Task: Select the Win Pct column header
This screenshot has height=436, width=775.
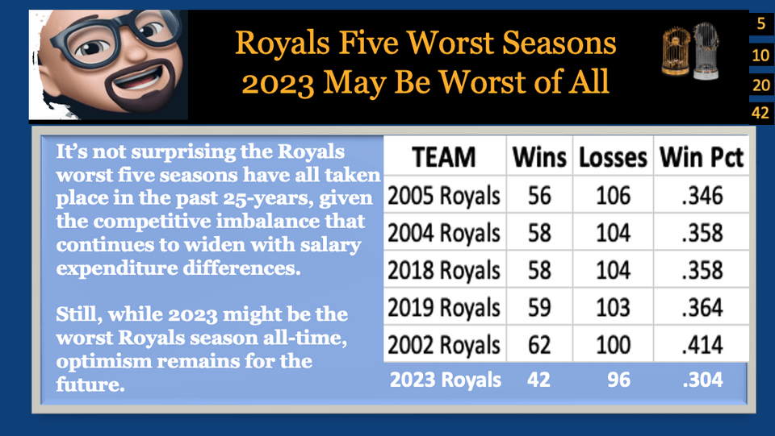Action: [700, 158]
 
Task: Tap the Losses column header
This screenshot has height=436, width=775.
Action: [613, 158]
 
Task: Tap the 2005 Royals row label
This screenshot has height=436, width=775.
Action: [443, 195]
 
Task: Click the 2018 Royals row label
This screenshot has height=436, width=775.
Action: [443, 270]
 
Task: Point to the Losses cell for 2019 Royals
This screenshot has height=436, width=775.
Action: [613, 308]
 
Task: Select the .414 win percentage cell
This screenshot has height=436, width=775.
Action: [700, 345]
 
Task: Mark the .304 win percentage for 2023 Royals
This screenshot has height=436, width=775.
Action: [700, 380]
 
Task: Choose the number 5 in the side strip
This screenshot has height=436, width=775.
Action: [760, 23]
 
